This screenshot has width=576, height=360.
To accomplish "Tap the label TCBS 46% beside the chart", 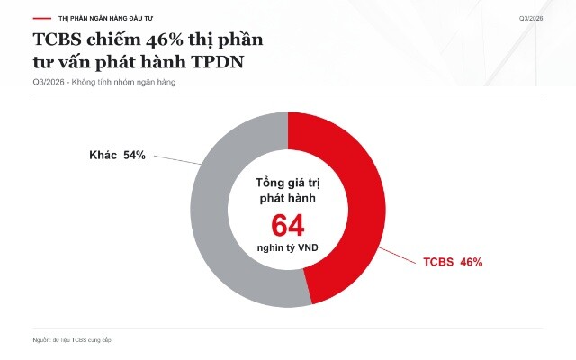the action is tap(453, 262).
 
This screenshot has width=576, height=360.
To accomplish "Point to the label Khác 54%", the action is tap(117, 155).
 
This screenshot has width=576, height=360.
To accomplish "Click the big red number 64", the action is tap(288, 226).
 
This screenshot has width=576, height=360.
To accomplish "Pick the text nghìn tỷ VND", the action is tap(288, 248).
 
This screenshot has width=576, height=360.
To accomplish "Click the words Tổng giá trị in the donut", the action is tap(288, 184).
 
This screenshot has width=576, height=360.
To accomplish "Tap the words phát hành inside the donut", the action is tap(288, 199).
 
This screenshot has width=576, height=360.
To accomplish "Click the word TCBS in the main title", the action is tap(57, 40).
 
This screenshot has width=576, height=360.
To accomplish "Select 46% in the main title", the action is tap(164, 40).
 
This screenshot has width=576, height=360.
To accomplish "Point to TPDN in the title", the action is tap(217, 62).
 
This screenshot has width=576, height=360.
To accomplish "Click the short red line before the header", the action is tap(42, 18).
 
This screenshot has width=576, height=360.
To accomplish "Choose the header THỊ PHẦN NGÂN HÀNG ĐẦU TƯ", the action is tap(105, 18).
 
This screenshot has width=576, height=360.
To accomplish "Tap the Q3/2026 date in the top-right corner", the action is tap(531, 18).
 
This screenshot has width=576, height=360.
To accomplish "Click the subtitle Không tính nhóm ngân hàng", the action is tap(123, 82).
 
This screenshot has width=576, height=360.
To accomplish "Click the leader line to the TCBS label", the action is tap(397, 256).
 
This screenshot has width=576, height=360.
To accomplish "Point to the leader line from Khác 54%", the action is tap(178, 160).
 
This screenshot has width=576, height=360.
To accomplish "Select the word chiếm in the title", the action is tap(114, 40).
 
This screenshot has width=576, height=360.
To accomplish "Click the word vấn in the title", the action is tap(69, 62).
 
